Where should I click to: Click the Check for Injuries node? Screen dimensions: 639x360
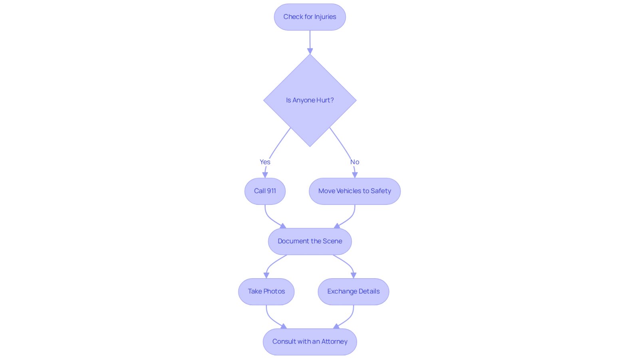tap(310, 17)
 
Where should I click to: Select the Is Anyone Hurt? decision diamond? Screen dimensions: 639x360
tap(310, 100)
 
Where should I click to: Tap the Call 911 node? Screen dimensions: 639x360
tap(265, 191)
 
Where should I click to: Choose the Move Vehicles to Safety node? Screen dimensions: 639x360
tap(355, 191)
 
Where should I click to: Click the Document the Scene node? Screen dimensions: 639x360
tap(310, 241)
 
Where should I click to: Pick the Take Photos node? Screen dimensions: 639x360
tap(266, 291)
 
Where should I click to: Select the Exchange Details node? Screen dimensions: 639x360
tap(353, 291)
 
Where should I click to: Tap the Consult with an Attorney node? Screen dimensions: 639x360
tap(310, 342)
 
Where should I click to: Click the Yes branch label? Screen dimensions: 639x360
tap(265, 162)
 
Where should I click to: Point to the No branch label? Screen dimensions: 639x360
tap(355, 162)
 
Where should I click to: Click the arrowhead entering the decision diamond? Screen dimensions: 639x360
tap(310, 51)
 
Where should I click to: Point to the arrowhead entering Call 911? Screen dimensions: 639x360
tap(265, 175)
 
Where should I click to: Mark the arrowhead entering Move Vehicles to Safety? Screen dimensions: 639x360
tap(355, 175)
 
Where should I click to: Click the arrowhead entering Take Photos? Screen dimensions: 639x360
tap(266, 275)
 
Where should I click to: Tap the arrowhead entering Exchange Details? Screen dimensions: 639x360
tap(353, 275)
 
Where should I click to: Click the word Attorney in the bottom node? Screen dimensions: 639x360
tap(334, 342)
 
